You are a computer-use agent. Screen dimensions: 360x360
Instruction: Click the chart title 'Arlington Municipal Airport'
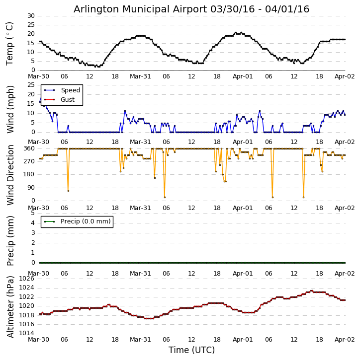coord(191,9)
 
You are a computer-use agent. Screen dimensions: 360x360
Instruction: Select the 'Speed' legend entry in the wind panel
coord(70,90)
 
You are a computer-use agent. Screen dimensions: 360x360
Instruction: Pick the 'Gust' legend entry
coord(68,100)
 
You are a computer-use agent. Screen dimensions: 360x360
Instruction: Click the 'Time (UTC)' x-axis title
coord(191,350)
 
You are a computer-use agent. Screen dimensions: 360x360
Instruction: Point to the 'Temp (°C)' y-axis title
coord(10,43)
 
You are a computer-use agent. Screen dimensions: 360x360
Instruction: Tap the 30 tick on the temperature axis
coord(31,16)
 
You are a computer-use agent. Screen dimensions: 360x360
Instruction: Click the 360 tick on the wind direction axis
coord(29,148)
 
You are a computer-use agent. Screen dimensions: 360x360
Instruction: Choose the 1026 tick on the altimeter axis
coord(27,279)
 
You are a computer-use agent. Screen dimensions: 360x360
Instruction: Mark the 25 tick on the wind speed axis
coord(31,85)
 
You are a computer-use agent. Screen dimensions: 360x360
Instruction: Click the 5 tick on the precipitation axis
coord(32,213)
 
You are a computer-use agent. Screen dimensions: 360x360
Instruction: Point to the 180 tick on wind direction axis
coord(29,174)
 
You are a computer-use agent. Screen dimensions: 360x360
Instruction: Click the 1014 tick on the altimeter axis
coord(27,333)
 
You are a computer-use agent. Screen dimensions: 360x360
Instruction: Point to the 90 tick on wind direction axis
coord(31,188)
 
